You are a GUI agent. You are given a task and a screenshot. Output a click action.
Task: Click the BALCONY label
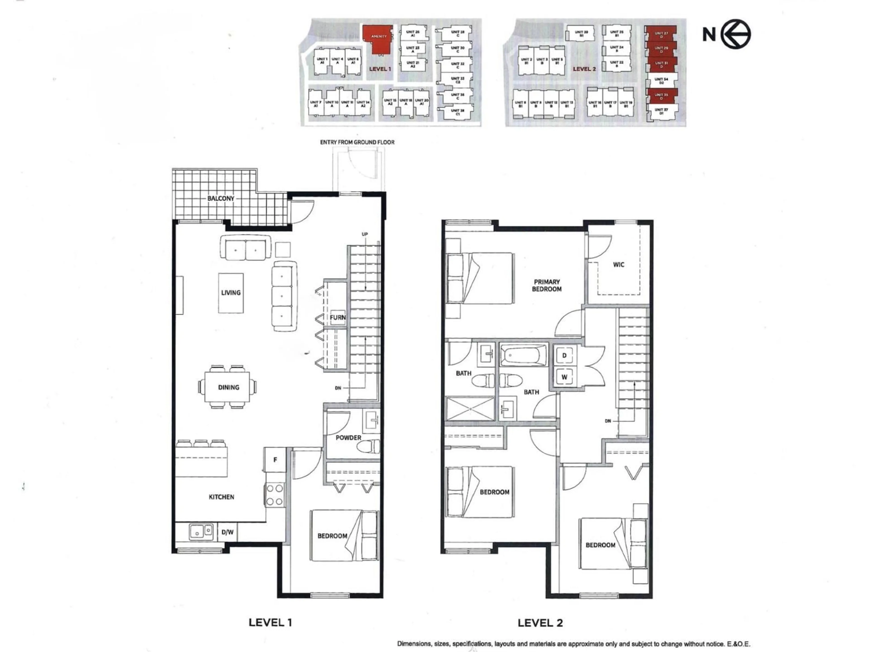click(221, 199)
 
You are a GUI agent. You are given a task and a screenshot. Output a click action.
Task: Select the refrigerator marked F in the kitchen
click(275, 459)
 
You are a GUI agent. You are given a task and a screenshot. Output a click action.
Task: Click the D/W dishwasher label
click(227, 532)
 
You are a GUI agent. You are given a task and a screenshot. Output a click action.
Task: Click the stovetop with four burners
click(275, 495)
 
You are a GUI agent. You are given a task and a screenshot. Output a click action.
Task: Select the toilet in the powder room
click(369, 446)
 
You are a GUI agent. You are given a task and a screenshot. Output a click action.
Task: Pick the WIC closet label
click(618, 264)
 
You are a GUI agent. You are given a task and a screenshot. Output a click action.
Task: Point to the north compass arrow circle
click(735, 34)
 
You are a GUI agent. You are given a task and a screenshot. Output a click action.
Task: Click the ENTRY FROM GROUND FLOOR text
click(357, 142)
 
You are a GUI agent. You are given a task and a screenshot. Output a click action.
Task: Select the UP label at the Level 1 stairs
click(365, 234)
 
